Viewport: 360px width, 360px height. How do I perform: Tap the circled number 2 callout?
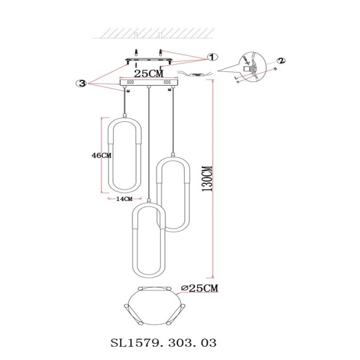(281, 60)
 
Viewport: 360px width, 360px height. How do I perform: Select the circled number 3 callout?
(82, 83)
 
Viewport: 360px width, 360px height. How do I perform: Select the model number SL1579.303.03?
(163, 343)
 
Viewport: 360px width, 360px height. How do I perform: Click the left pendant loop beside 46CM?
(124, 152)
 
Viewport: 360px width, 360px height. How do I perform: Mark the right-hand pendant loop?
(174, 195)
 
